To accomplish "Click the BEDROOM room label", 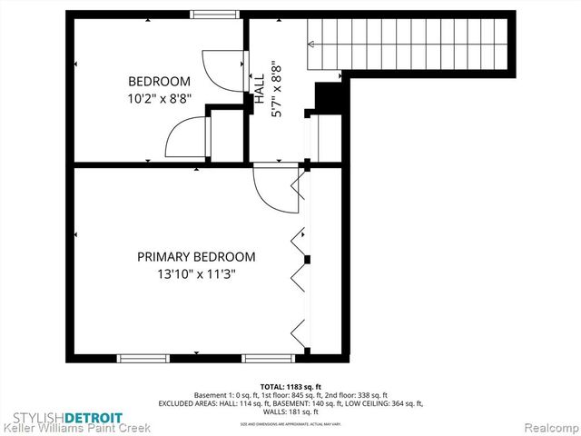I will (159, 81).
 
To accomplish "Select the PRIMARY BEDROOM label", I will (196, 257).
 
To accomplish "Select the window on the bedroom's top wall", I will (214, 15).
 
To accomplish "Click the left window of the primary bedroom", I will (144, 359).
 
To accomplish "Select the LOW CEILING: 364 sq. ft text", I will (382, 403).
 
